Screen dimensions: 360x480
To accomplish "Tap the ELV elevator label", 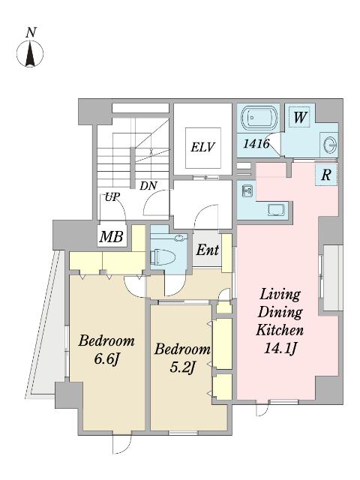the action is (x=203, y=147).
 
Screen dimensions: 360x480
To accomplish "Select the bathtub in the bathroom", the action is (x=259, y=118).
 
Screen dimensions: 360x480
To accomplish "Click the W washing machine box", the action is (x=300, y=117).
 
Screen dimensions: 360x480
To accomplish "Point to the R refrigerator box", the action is (x=326, y=175).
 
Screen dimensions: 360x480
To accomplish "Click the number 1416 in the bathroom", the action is (x=256, y=143).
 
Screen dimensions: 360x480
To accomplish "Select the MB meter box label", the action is (x=112, y=236).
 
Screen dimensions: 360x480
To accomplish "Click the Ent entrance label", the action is (x=208, y=250).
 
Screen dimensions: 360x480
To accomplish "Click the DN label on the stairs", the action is (x=148, y=185).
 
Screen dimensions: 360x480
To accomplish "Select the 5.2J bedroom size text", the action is (x=182, y=367).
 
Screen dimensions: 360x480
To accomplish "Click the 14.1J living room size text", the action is (x=280, y=348).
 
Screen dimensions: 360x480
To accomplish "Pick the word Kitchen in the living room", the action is (x=280, y=330).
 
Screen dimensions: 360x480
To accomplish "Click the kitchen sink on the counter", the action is (x=277, y=210).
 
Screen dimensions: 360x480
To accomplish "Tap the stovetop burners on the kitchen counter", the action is (x=247, y=191).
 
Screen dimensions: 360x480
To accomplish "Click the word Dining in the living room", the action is (x=280, y=313).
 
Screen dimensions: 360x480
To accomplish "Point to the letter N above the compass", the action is (x=31, y=32).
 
